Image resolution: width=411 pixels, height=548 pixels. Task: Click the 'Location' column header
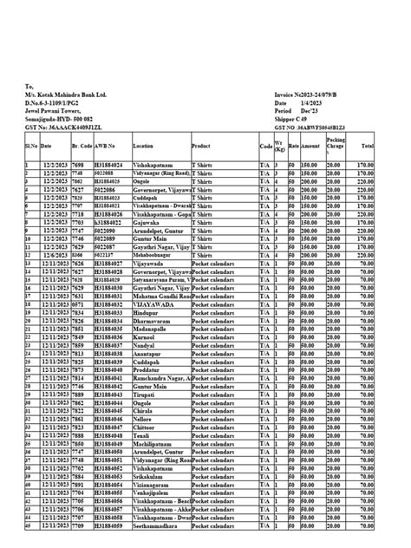(x=143, y=147)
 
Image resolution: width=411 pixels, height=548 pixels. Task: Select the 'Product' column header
(x=201, y=147)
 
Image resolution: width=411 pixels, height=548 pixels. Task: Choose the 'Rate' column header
(x=293, y=147)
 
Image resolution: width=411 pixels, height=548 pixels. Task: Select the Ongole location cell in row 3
(x=144, y=180)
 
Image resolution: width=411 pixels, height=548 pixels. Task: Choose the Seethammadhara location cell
(x=159, y=525)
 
